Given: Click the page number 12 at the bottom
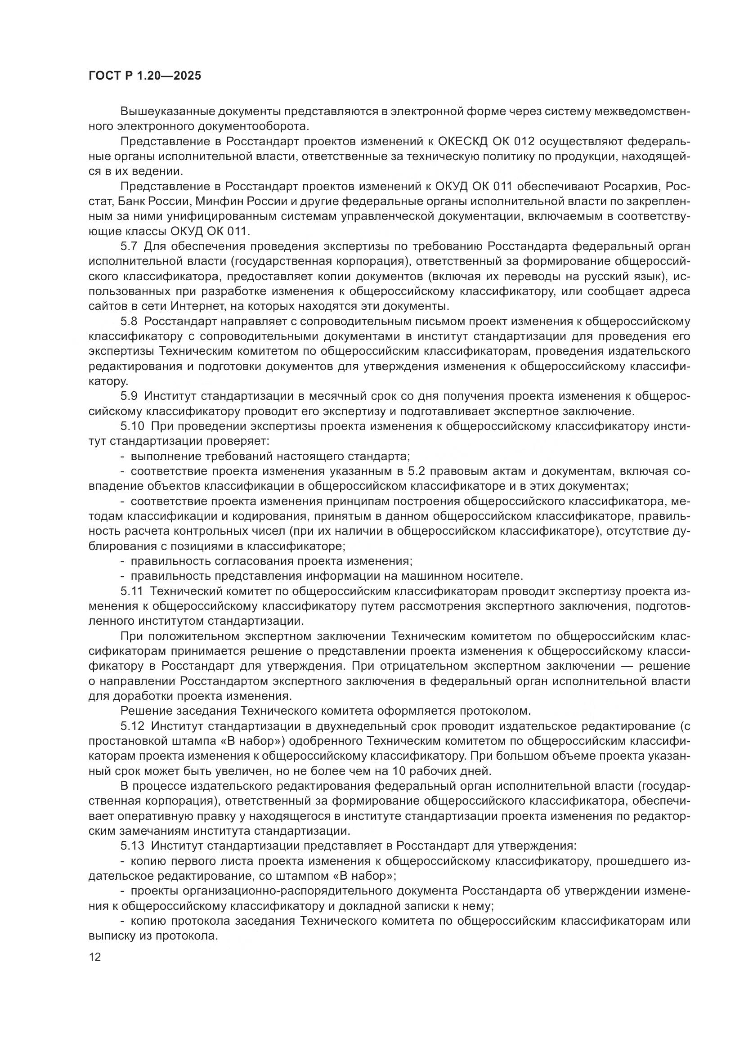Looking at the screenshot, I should click(x=95, y=957).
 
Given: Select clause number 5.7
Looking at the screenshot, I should click(x=129, y=246).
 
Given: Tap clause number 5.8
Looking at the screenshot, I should click(x=129, y=321).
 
